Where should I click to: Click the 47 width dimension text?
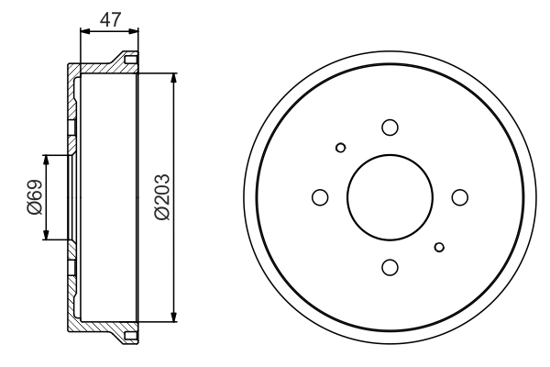[110, 18]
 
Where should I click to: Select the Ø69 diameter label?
[34, 197]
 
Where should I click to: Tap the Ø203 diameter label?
[162, 197]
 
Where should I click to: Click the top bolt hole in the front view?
[390, 128]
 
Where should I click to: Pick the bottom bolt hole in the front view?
[390, 267]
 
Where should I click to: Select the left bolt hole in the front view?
[321, 197]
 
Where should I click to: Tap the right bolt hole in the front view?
[460, 197]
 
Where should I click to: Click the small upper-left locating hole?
[341, 148]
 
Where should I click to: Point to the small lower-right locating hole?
[440, 246]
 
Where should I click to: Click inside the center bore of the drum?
[390, 197]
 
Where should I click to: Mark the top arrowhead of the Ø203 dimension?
[174, 77]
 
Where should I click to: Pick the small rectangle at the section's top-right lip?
[130, 61]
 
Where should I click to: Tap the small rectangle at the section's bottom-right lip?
[130, 334]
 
